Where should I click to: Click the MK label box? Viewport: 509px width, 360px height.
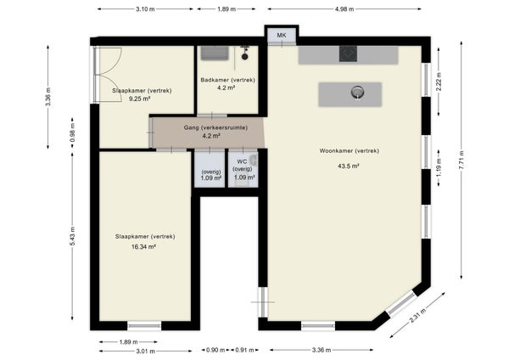coord(282,36)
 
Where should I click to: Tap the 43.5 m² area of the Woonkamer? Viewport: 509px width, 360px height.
coord(349,166)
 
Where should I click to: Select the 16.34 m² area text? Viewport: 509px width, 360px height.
coord(143,246)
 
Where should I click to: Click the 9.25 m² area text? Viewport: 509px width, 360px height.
coord(139,98)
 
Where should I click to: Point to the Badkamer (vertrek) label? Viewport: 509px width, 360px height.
coord(227,80)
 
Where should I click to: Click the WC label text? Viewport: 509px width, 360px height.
coord(242,161)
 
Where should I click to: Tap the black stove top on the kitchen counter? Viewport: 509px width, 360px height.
coord(348,54)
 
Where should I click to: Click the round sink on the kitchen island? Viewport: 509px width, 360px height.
coord(357,93)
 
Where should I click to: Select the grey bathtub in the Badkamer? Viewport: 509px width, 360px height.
coord(215,53)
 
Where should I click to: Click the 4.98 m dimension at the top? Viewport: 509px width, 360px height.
coord(344,9)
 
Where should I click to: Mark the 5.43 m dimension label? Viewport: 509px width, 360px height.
coord(72,236)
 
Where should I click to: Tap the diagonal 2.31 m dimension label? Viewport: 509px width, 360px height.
coord(417,315)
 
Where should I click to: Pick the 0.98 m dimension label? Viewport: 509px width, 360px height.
coord(72,132)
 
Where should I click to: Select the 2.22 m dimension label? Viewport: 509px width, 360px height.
coord(439,81)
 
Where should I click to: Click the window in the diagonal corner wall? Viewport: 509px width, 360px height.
coord(401,303)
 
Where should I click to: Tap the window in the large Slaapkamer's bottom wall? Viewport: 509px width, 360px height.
coord(144,325)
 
